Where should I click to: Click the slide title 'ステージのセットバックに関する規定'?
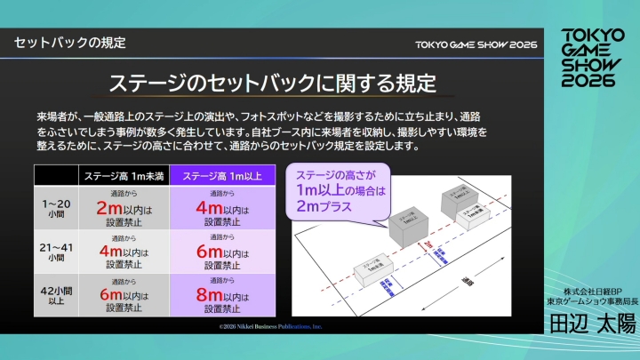click(x=272, y=84)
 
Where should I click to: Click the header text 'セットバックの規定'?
click(x=70, y=43)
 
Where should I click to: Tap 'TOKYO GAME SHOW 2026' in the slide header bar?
click(x=476, y=44)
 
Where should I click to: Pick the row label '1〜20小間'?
click(x=55, y=207)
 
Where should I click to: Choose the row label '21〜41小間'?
click(x=55, y=251)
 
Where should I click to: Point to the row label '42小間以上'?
click(x=55, y=294)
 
